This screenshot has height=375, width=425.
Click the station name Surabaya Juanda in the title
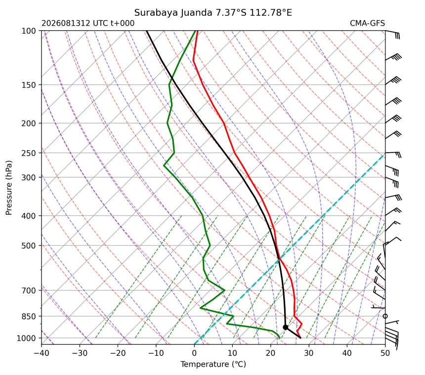(173, 13)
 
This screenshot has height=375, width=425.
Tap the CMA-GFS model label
(367, 23)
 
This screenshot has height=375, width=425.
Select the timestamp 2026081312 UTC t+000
(88, 23)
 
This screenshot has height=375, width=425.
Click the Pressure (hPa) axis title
(9, 188)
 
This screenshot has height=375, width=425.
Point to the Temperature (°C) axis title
(213, 364)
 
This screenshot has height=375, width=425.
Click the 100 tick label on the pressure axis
(29, 31)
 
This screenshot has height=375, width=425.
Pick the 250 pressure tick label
(29, 153)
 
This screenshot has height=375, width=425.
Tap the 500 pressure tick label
(29, 246)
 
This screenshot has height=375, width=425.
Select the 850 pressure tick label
(29, 316)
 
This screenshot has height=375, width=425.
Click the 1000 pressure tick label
(26, 338)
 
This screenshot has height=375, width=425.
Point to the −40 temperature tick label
(42, 353)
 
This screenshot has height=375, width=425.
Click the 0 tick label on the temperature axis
(194, 353)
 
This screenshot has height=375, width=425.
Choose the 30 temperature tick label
(309, 353)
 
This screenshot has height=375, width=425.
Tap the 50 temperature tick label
(385, 353)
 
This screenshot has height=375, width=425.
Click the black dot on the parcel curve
(285, 327)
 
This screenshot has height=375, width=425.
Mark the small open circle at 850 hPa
(385, 316)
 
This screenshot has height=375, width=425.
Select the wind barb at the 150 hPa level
(393, 81)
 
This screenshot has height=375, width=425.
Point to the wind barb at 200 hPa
(393, 119)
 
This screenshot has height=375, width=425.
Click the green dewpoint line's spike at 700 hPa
(224, 290)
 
